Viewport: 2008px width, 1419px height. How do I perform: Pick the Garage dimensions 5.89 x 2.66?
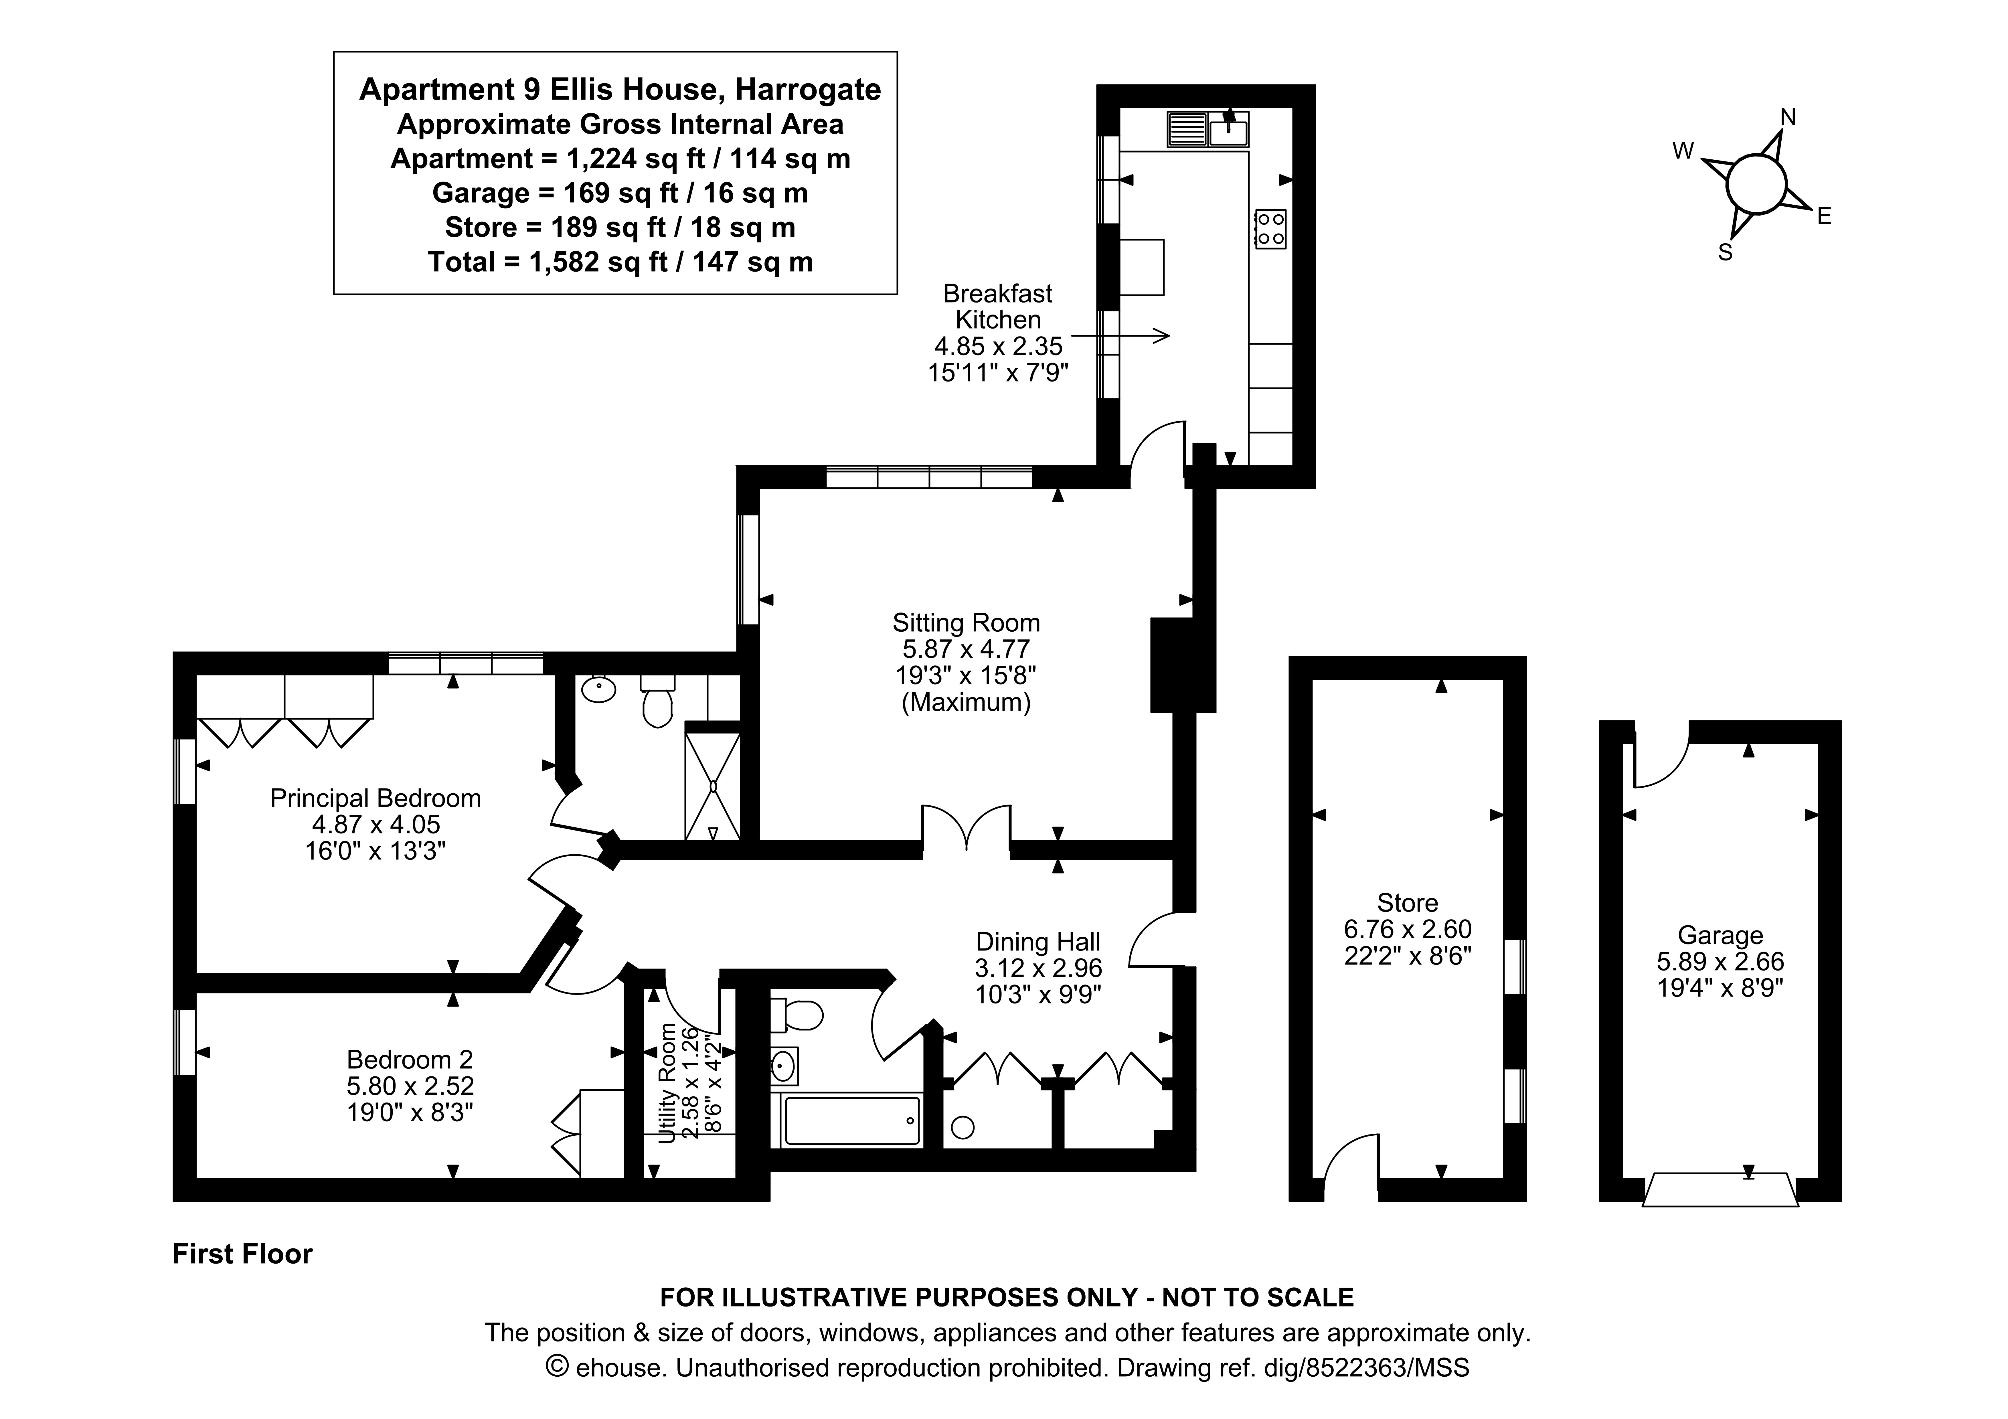click(x=1720, y=962)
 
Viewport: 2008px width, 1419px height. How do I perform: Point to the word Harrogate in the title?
click(x=807, y=89)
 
